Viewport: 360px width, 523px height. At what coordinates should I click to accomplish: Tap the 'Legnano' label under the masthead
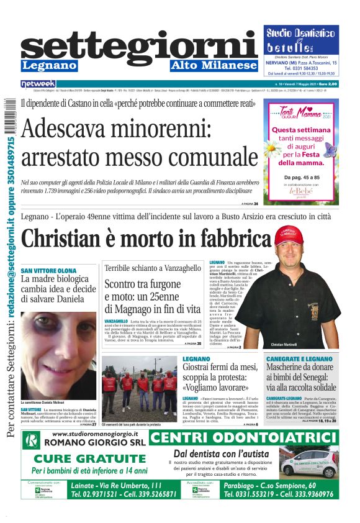[49, 66]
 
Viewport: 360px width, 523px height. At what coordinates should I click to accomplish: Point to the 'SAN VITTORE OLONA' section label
[49, 271]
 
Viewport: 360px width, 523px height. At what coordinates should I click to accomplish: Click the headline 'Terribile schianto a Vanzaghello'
[153, 268]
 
